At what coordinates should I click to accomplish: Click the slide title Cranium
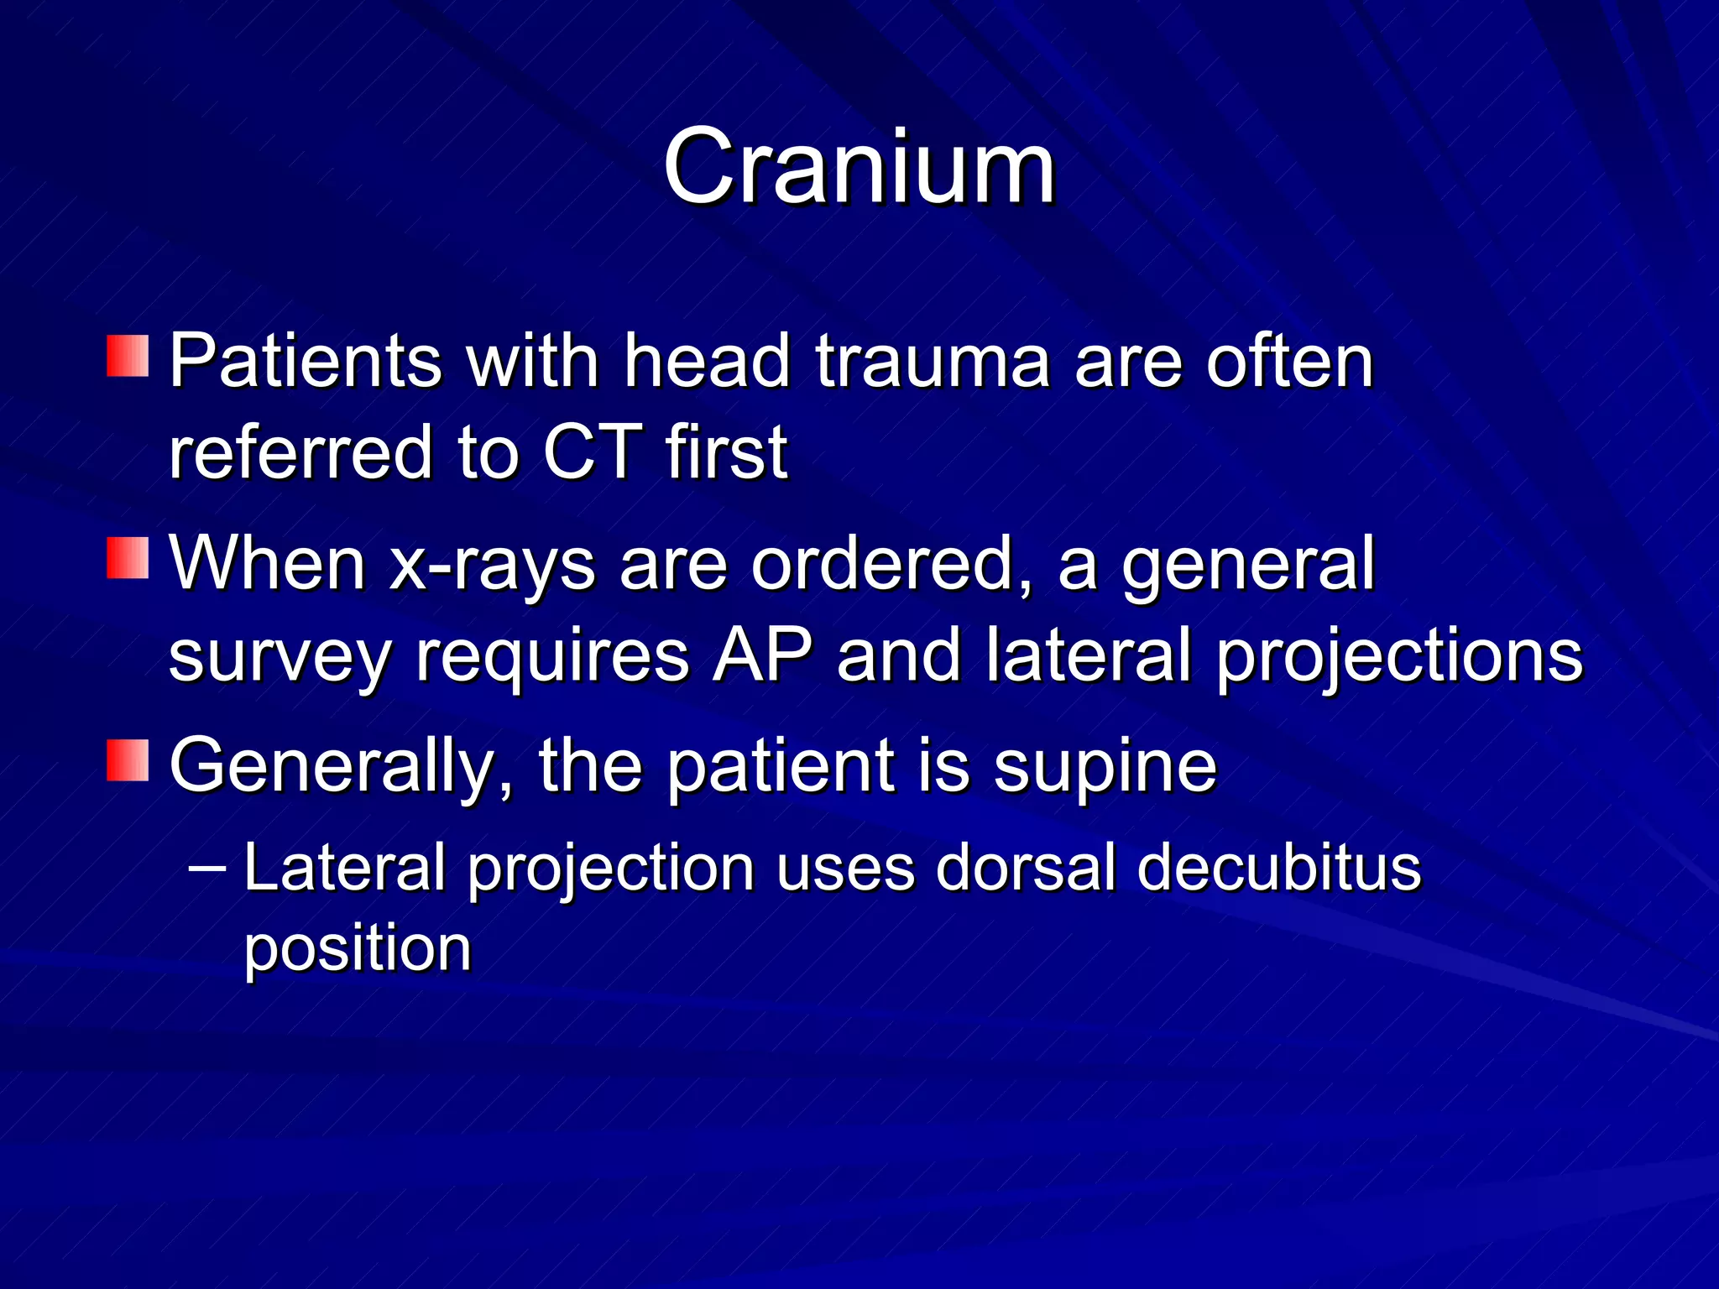click(858, 168)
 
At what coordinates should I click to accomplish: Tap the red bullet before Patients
click(128, 356)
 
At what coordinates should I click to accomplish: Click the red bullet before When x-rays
click(128, 558)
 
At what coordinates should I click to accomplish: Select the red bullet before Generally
click(128, 760)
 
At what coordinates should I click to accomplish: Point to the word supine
click(1105, 767)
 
